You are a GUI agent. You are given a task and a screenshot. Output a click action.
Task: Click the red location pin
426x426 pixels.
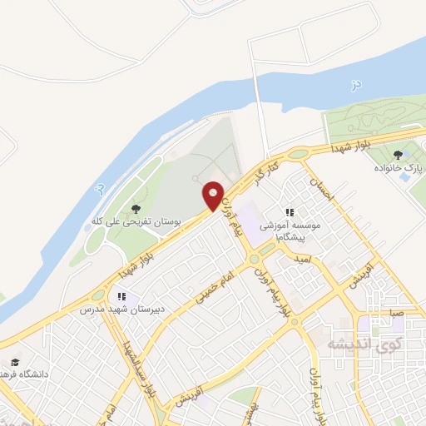pos(214,195)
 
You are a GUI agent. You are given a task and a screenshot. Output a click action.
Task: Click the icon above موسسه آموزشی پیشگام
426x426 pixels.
pos(290,213)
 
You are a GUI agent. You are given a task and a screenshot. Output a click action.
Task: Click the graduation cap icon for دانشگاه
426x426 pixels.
pos(15,363)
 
